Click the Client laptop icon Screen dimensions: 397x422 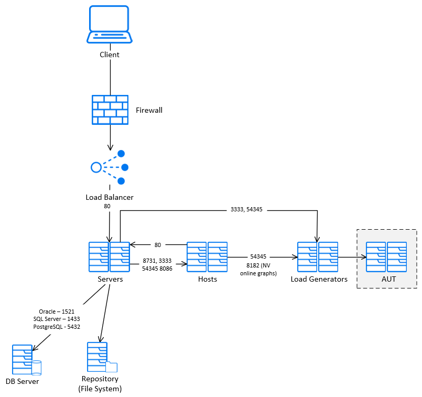(110, 25)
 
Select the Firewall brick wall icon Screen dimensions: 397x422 (110, 110)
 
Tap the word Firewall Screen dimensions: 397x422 (149, 110)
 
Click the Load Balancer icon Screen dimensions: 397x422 (109, 167)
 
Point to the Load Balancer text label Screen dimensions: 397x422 (110, 198)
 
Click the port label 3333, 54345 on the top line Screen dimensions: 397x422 (246, 209)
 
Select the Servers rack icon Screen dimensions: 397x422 (109, 257)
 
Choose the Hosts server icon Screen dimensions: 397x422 (207, 257)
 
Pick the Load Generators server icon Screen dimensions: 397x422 (318, 257)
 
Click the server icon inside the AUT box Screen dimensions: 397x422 (386, 257)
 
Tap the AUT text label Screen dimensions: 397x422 (388, 279)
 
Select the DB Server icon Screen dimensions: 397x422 (24, 360)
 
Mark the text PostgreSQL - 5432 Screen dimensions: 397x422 (57, 326)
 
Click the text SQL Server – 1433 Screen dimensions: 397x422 (57, 319)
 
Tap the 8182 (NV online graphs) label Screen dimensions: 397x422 (258, 269)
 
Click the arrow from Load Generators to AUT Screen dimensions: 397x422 (352, 257)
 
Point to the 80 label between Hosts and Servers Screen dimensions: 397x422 (158, 245)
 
